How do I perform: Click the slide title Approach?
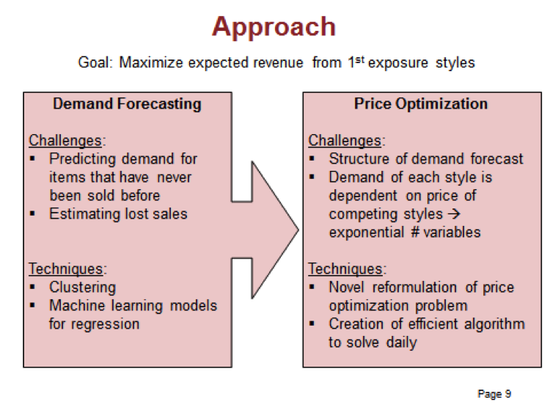click(274, 27)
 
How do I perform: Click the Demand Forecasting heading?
click(127, 104)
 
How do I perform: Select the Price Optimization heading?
click(421, 103)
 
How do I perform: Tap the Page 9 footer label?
click(494, 394)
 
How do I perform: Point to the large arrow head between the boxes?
click(275, 230)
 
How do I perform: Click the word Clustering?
click(82, 288)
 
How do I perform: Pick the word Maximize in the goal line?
click(151, 63)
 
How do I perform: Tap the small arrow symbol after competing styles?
click(454, 214)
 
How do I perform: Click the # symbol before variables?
click(415, 233)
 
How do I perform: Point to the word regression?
click(105, 324)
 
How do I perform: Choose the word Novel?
click(347, 288)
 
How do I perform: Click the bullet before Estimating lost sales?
click(32, 213)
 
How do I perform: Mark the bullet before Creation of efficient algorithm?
click(312, 324)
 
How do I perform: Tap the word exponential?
click(367, 233)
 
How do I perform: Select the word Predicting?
click(82, 159)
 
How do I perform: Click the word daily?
click(402, 343)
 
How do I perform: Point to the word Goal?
click(95, 63)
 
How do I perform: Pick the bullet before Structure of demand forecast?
click(312, 158)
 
